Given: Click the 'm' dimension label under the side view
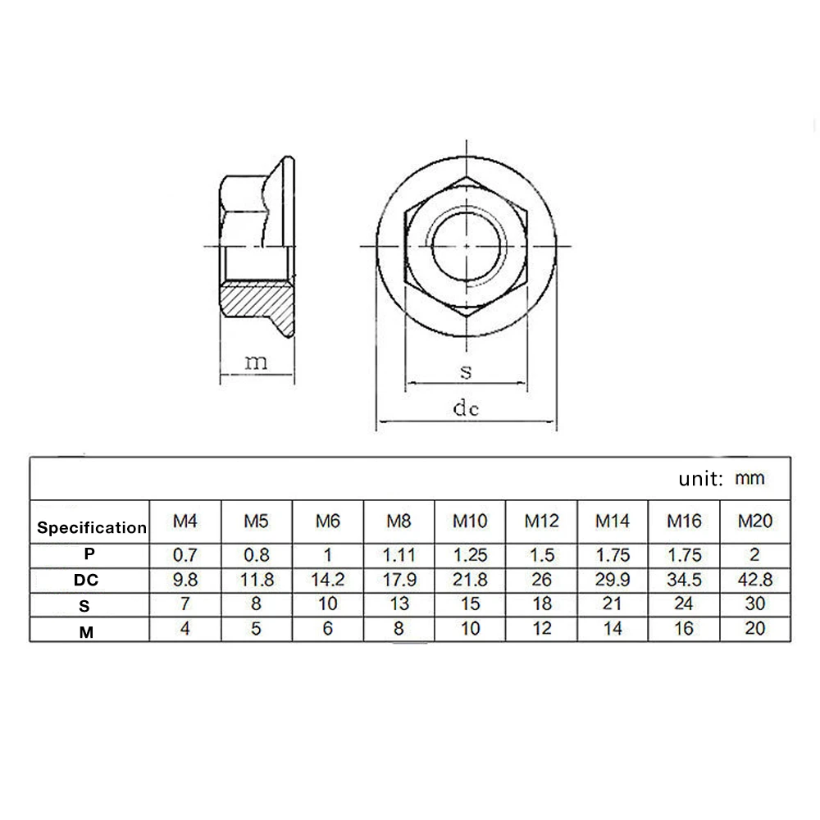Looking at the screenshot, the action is click(x=256, y=362).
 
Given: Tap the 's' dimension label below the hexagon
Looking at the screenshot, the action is click(x=466, y=371).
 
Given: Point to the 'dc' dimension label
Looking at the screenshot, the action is click(x=466, y=408).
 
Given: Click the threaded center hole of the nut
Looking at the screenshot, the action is click(x=467, y=246).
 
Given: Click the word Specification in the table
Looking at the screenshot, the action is click(x=92, y=527).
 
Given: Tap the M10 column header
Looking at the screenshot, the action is click(x=470, y=521).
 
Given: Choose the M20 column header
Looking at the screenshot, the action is click(x=755, y=521).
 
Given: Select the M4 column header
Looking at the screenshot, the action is click(x=185, y=521).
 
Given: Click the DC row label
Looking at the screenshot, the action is click(x=86, y=580).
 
